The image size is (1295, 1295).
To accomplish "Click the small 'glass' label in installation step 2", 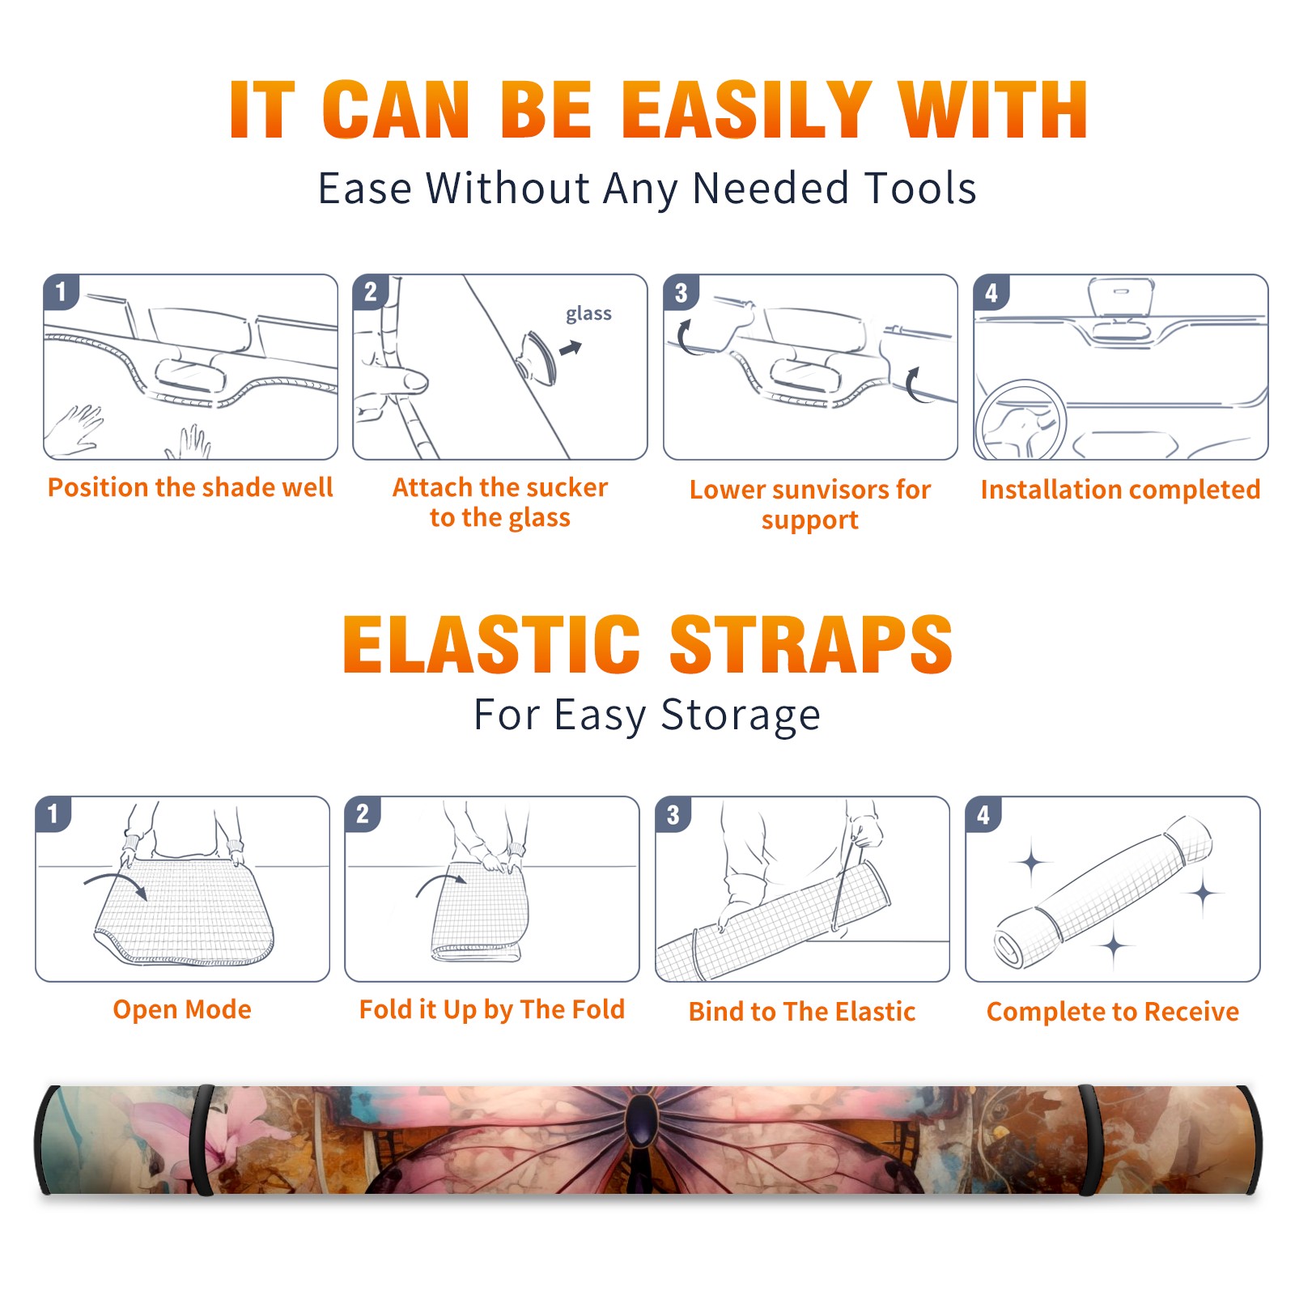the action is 588,314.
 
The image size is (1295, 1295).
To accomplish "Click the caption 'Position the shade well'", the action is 190,487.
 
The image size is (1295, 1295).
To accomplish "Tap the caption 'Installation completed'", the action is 1120,489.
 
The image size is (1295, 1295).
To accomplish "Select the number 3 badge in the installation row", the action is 681,292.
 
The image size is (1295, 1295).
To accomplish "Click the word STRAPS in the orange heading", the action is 811,644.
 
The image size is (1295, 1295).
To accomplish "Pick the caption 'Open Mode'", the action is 182,1009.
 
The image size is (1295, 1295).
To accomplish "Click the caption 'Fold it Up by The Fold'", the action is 492,1009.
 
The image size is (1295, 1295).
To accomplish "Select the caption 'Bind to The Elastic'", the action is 802,1012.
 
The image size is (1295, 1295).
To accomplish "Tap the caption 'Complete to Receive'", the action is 1113,1012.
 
